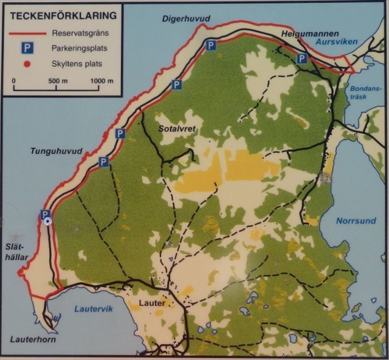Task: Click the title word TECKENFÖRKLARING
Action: [x=57, y=13]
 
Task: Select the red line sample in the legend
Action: [x=27, y=33]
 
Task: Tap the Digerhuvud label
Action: [x=185, y=19]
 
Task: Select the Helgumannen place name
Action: [x=306, y=34]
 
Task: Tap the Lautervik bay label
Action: [x=90, y=309]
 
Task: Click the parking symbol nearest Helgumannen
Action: [x=301, y=58]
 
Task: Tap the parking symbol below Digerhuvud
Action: [x=210, y=46]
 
